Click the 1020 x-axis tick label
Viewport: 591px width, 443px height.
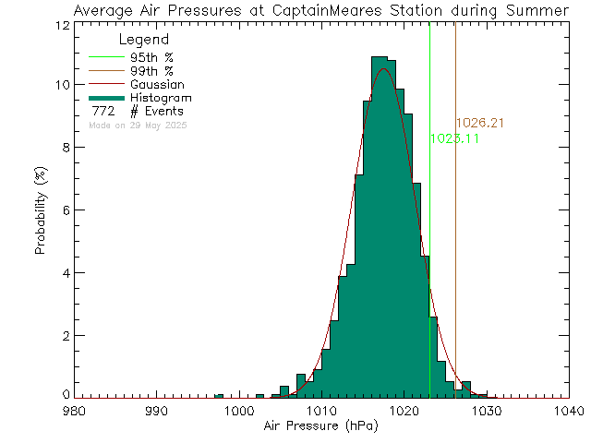[404, 413]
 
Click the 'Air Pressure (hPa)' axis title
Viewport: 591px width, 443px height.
[320, 427]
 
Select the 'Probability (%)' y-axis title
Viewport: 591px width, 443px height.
[41, 211]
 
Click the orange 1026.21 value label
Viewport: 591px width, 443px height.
[479, 124]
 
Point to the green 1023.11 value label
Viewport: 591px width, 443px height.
[454, 138]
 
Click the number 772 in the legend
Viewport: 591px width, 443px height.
[103, 112]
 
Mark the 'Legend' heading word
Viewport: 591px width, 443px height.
[145, 41]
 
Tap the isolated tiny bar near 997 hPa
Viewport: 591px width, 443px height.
[219, 396]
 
